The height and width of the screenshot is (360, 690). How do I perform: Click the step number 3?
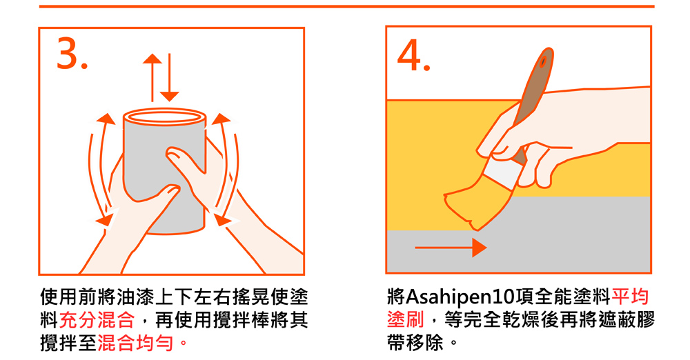click(72, 53)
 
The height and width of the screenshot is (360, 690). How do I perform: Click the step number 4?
click(413, 55)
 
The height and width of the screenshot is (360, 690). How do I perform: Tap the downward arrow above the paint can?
click(169, 77)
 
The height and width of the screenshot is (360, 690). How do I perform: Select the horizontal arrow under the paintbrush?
click(451, 248)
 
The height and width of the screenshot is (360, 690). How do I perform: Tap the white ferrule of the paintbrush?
click(502, 173)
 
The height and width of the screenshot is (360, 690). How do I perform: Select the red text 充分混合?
click(97, 320)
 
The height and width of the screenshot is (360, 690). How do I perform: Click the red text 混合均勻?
click(135, 343)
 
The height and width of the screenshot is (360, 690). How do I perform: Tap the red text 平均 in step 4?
click(630, 297)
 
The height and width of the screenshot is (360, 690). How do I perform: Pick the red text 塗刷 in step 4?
click(405, 320)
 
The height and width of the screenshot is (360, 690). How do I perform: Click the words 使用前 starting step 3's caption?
click(68, 297)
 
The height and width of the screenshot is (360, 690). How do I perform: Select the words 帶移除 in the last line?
click(415, 343)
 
